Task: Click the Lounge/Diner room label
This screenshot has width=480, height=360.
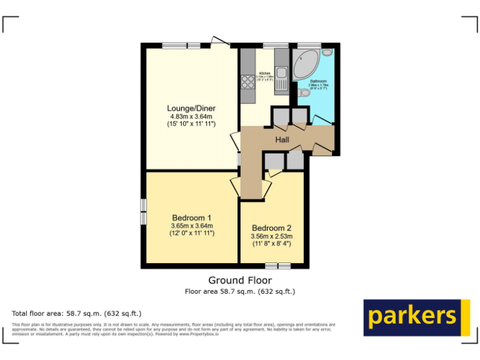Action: [x=191, y=108]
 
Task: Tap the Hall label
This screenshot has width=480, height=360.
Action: [x=282, y=139]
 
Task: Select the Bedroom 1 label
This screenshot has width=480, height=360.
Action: [x=191, y=217]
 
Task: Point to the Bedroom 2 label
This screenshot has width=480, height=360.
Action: [x=272, y=228]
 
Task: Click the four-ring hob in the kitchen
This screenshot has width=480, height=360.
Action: [x=247, y=82]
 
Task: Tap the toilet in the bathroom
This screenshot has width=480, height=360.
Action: [x=305, y=92]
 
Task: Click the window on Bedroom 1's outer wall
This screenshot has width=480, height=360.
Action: [x=143, y=212]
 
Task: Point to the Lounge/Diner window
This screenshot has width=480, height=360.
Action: [x=181, y=45]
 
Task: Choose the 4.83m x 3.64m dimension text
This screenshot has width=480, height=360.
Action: [x=191, y=116]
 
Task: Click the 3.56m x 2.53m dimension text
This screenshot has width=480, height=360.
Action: [x=272, y=237]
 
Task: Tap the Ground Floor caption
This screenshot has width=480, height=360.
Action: [x=240, y=281]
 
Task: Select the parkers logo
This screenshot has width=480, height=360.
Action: [x=416, y=317]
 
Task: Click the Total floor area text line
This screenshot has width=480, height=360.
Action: [x=77, y=313]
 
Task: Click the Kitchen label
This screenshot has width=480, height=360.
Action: [x=264, y=73]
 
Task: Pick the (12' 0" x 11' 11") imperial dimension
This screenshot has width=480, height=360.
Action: [x=191, y=233]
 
